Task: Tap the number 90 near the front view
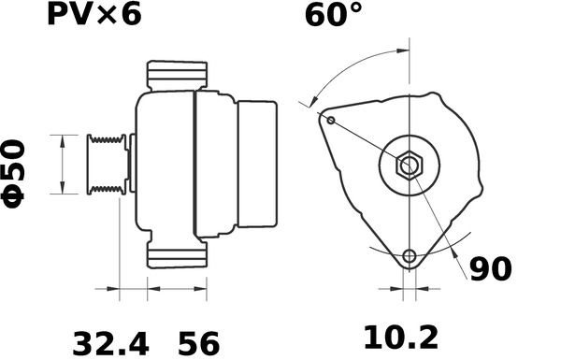coord(490,269)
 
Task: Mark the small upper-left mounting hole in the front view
coord(331,119)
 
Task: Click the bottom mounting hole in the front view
coord(409,256)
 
